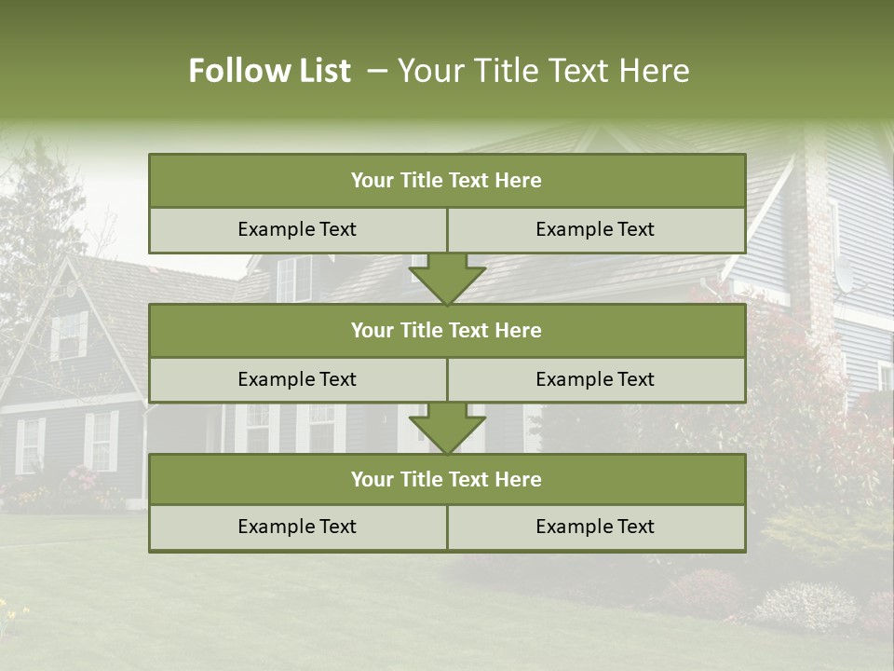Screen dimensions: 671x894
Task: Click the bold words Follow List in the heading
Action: tap(269, 71)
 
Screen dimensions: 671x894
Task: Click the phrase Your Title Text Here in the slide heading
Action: tap(543, 71)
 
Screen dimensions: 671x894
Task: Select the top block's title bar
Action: tap(447, 181)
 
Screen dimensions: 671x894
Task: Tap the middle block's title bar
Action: tap(447, 330)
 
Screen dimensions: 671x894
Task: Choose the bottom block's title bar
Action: tap(447, 479)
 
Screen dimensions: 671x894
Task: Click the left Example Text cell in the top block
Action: tap(297, 230)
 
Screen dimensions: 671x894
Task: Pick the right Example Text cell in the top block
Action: tap(595, 230)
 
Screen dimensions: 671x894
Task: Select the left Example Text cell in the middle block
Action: tap(297, 379)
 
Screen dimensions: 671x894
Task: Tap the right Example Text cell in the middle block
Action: tap(595, 379)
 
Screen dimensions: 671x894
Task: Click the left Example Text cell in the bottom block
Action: tap(297, 527)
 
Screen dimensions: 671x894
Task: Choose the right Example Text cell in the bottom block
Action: tap(595, 527)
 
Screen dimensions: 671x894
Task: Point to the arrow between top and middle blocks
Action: tap(447, 279)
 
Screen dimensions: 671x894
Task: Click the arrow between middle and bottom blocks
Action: tap(447, 429)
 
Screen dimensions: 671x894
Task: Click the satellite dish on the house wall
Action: tap(844, 274)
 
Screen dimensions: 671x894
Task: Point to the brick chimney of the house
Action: tap(820, 233)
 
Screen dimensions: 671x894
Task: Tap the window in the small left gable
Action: tap(68, 335)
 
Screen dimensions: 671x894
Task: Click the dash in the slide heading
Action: tap(377, 71)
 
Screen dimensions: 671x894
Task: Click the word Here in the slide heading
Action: tap(657, 71)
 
